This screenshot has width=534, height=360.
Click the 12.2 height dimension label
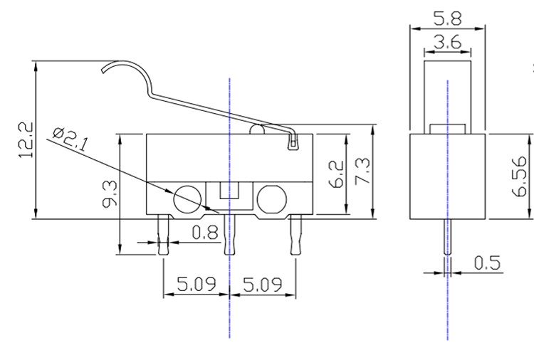(x=26, y=140)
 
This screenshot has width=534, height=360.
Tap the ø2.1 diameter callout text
(x=70, y=139)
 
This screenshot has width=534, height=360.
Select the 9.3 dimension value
(x=110, y=194)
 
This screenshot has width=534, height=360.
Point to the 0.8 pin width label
(x=204, y=233)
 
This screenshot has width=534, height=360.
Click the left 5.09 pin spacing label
(x=197, y=284)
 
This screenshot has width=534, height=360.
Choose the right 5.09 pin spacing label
(x=263, y=285)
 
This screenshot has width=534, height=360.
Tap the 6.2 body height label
(x=336, y=174)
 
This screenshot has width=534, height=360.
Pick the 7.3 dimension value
(x=362, y=171)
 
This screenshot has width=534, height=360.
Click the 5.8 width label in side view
(x=448, y=18)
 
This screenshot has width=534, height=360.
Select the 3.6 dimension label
(x=448, y=42)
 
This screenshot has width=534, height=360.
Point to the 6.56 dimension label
(x=520, y=176)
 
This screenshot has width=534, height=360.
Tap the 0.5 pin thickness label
(x=487, y=263)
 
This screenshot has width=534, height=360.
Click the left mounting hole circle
(x=187, y=199)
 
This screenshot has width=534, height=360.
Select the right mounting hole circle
(x=272, y=199)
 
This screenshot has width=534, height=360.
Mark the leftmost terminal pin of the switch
(x=163, y=235)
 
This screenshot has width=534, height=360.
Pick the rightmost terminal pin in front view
(x=295, y=235)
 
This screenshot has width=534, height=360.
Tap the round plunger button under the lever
(x=257, y=129)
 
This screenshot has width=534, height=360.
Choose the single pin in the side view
(x=448, y=237)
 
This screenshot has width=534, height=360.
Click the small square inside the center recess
(x=229, y=190)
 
